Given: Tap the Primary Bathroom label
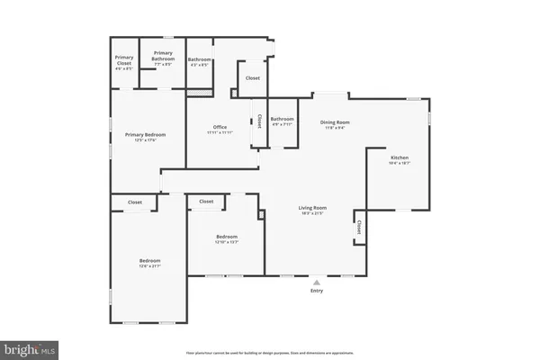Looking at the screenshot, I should pyautogui.click(x=163, y=55).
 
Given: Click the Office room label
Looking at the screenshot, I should pyautogui.click(x=220, y=127).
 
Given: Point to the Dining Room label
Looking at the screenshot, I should pyautogui.click(x=335, y=122).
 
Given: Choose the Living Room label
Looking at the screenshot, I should pyautogui.click(x=312, y=208).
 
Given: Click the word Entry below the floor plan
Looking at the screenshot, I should pyautogui.click(x=317, y=291).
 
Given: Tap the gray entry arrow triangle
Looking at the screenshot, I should pyautogui.click(x=317, y=281).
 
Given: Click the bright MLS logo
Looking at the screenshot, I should pyautogui.click(x=29, y=346).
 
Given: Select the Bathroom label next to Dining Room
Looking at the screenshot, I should pyautogui.click(x=283, y=119).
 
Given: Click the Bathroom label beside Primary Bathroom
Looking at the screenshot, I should pyautogui.click(x=199, y=60).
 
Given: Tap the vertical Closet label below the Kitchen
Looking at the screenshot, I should pyautogui.click(x=359, y=226).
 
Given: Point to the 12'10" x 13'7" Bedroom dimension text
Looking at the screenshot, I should pyautogui.click(x=226, y=242).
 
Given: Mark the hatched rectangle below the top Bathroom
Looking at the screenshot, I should pyautogui.click(x=200, y=92).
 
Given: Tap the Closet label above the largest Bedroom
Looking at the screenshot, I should pyautogui.click(x=135, y=202).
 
